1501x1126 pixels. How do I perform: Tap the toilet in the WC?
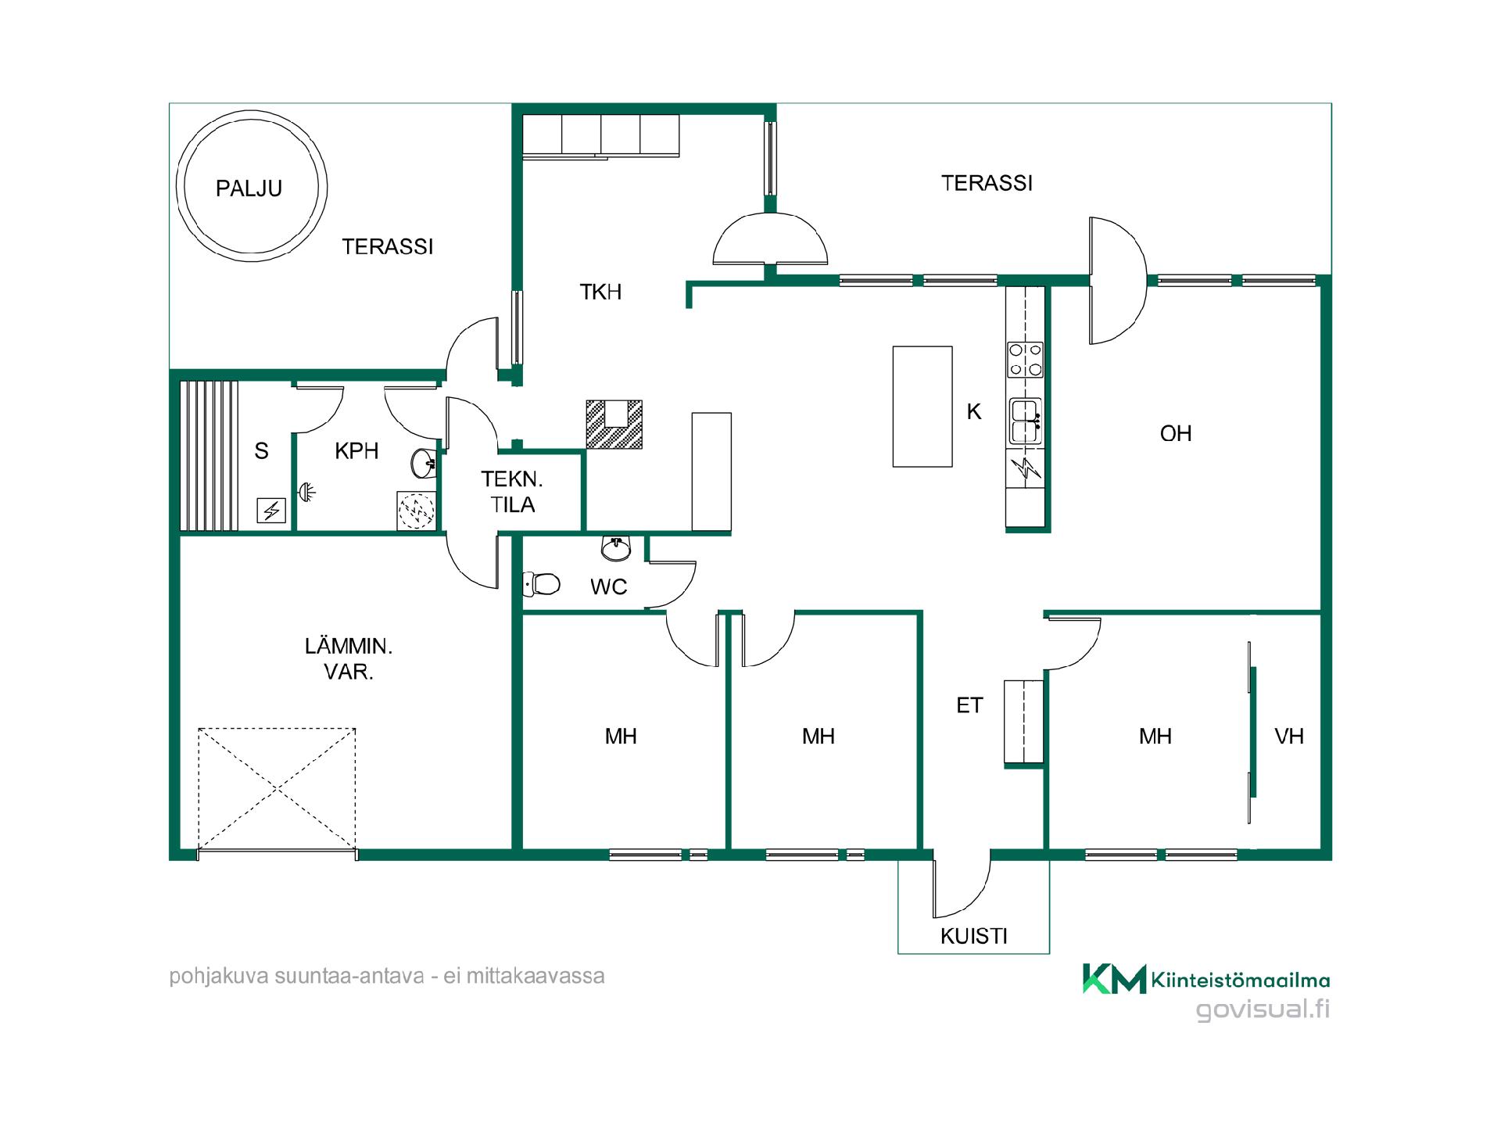[x=541, y=583]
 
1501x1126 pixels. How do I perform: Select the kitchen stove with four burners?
[x=1025, y=360]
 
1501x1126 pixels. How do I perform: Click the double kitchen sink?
[x=1025, y=421]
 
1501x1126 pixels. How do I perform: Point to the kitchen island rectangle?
[x=922, y=407]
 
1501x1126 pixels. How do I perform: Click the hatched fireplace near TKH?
[x=614, y=425]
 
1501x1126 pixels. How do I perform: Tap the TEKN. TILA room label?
[x=512, y=492]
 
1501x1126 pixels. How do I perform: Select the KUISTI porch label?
[x=973, y=936]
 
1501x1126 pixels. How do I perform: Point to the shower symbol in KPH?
[x=416, y=511]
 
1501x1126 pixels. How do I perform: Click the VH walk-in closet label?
[x=1289, y=736]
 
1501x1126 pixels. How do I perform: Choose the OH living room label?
[x=1176, y=433]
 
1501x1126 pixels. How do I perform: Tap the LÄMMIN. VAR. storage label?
[x=348, y=658]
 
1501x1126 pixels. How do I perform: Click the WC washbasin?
[x=616, y=547]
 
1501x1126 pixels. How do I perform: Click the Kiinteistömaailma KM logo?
[x=1115, y=979]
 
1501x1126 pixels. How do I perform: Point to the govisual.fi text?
[x=1263, y=1009]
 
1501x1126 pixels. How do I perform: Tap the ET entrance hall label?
[x=969, y=705]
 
